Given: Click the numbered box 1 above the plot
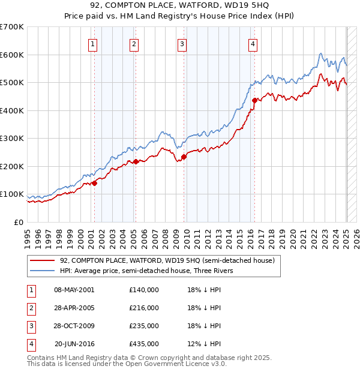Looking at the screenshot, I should coord(94,43).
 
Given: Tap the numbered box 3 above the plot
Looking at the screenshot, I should coord(181,43).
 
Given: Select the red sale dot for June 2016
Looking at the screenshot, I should coord(254,101).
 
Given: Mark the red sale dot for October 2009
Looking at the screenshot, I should coord(184,157).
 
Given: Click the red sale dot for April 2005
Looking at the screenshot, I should coord(136,161).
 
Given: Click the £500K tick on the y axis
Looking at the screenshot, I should coord(11,83).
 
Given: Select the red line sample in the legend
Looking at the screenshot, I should coord(43,260).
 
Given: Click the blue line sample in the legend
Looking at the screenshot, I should coord(43,271).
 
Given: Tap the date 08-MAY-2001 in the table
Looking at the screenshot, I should coord(74,290).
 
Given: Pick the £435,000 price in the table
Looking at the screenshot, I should coord(143,344).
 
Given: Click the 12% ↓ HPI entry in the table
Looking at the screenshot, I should coord(205,344).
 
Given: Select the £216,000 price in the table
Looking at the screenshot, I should coord(143,308).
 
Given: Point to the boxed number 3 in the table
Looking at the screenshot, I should coord(31,326).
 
